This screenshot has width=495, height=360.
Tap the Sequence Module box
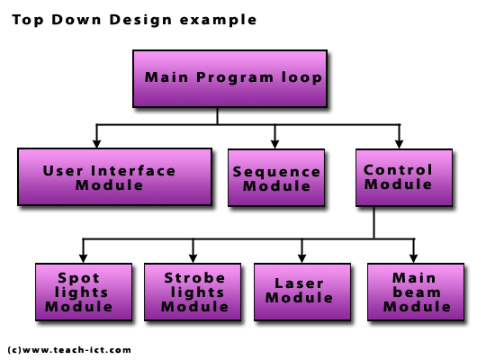click(275, 177)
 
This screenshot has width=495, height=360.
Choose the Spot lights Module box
click(79, 292)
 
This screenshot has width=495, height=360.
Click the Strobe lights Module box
click(193, 292)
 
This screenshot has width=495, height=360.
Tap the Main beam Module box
click(416, 292)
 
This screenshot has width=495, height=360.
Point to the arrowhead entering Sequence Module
click(275, 141)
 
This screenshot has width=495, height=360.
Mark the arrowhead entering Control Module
click(399, 141)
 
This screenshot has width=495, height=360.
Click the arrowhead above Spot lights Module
click(83, 256)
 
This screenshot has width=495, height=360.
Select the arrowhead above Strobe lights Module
click(193, 256)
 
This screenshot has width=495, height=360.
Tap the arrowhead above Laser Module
click(303, 256)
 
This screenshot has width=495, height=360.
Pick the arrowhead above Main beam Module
click(413, 256)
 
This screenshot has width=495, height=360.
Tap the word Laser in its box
click(300, 283)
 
